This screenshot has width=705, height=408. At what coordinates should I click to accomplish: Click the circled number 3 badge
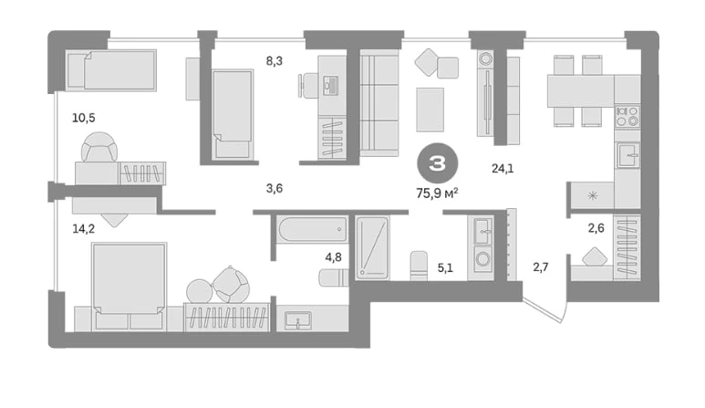(438, 163)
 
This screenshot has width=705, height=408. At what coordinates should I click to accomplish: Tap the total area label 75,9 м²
(438, 194)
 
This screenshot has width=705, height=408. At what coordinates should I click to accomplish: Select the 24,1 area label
(503, 169)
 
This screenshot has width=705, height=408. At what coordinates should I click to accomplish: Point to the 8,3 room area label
(275, 61)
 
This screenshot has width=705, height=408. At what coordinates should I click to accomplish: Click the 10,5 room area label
(84, 118)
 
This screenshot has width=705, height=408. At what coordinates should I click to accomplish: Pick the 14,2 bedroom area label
(84, 229)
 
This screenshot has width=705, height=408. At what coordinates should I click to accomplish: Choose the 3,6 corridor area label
(275, 188)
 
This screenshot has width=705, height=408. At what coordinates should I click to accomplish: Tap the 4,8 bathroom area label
(333, 257)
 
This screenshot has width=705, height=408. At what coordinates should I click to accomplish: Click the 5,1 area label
(445, 268)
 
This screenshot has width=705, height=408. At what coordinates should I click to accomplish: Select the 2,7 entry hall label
(541, 267)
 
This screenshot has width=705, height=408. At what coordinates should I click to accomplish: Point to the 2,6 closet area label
(596, 228)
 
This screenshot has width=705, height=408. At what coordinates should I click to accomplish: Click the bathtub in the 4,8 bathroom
(313, 229)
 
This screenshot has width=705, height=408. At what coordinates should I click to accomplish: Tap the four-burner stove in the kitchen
(627, 116)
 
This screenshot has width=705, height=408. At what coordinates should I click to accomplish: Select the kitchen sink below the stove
(628, 155)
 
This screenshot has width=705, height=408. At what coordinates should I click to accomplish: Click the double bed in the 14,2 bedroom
(129, 287)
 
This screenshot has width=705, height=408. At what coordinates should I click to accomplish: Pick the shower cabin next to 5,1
(372, 248)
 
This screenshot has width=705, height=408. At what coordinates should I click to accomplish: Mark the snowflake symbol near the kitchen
(593, 195)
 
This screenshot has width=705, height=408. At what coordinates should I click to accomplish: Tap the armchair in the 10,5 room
(99, 147)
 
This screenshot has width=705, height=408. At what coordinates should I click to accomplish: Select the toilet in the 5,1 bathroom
(419, 266)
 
